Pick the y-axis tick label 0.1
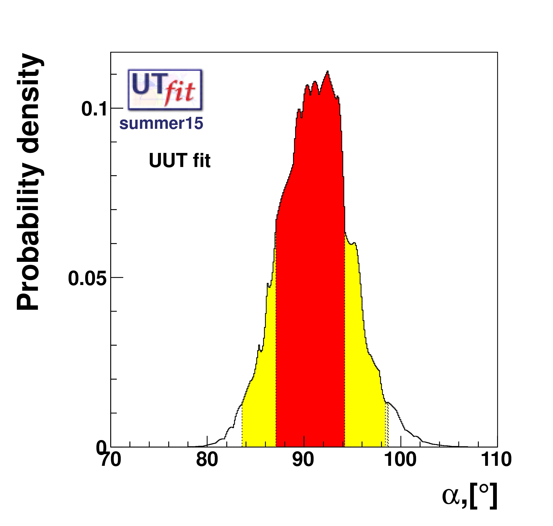click(94, 109)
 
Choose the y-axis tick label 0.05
click(88, 278)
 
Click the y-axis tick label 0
click(101, 448)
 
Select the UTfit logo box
click(165, 89)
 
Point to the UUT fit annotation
click(179, 161)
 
